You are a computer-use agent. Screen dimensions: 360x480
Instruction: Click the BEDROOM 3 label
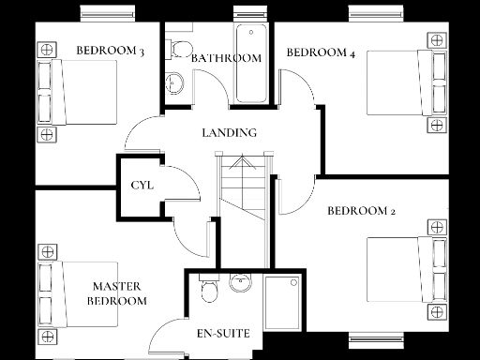110,51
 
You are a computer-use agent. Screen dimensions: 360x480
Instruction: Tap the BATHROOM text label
226,58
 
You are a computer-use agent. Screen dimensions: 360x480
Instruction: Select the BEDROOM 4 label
321,53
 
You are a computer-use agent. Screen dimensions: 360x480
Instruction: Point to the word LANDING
230,132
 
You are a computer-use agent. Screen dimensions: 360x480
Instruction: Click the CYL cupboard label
142,185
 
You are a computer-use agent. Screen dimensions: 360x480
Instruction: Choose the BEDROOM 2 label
361,211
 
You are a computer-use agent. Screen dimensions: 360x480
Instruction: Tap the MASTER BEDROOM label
117,293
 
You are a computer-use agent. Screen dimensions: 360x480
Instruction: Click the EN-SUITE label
222,334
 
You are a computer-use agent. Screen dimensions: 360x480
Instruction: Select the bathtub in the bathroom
250,66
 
